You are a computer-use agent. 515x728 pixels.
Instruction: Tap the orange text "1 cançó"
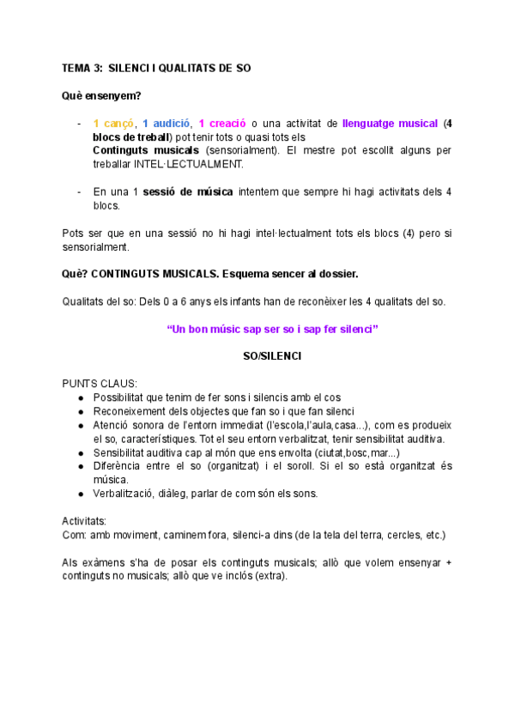click(x=113, y=123)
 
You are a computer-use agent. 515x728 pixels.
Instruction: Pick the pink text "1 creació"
click(x=222, y=123)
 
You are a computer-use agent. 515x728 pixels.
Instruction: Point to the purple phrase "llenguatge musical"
click(x=390, y=123)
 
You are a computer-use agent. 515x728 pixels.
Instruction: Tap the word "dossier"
click(x=336, y=274)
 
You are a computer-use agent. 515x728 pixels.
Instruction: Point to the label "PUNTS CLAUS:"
click(x=99, y=384)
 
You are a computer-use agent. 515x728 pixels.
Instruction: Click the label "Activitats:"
click(x=84, y=521)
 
